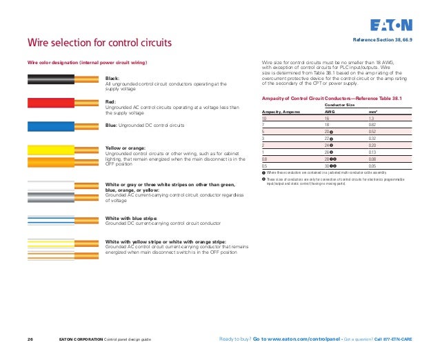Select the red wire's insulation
(48, 103)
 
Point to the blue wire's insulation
(48, 126)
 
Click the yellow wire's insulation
(48, 151)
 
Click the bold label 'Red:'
(110, 101)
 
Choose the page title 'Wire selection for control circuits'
(99, 45)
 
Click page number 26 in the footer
(30, 339)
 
